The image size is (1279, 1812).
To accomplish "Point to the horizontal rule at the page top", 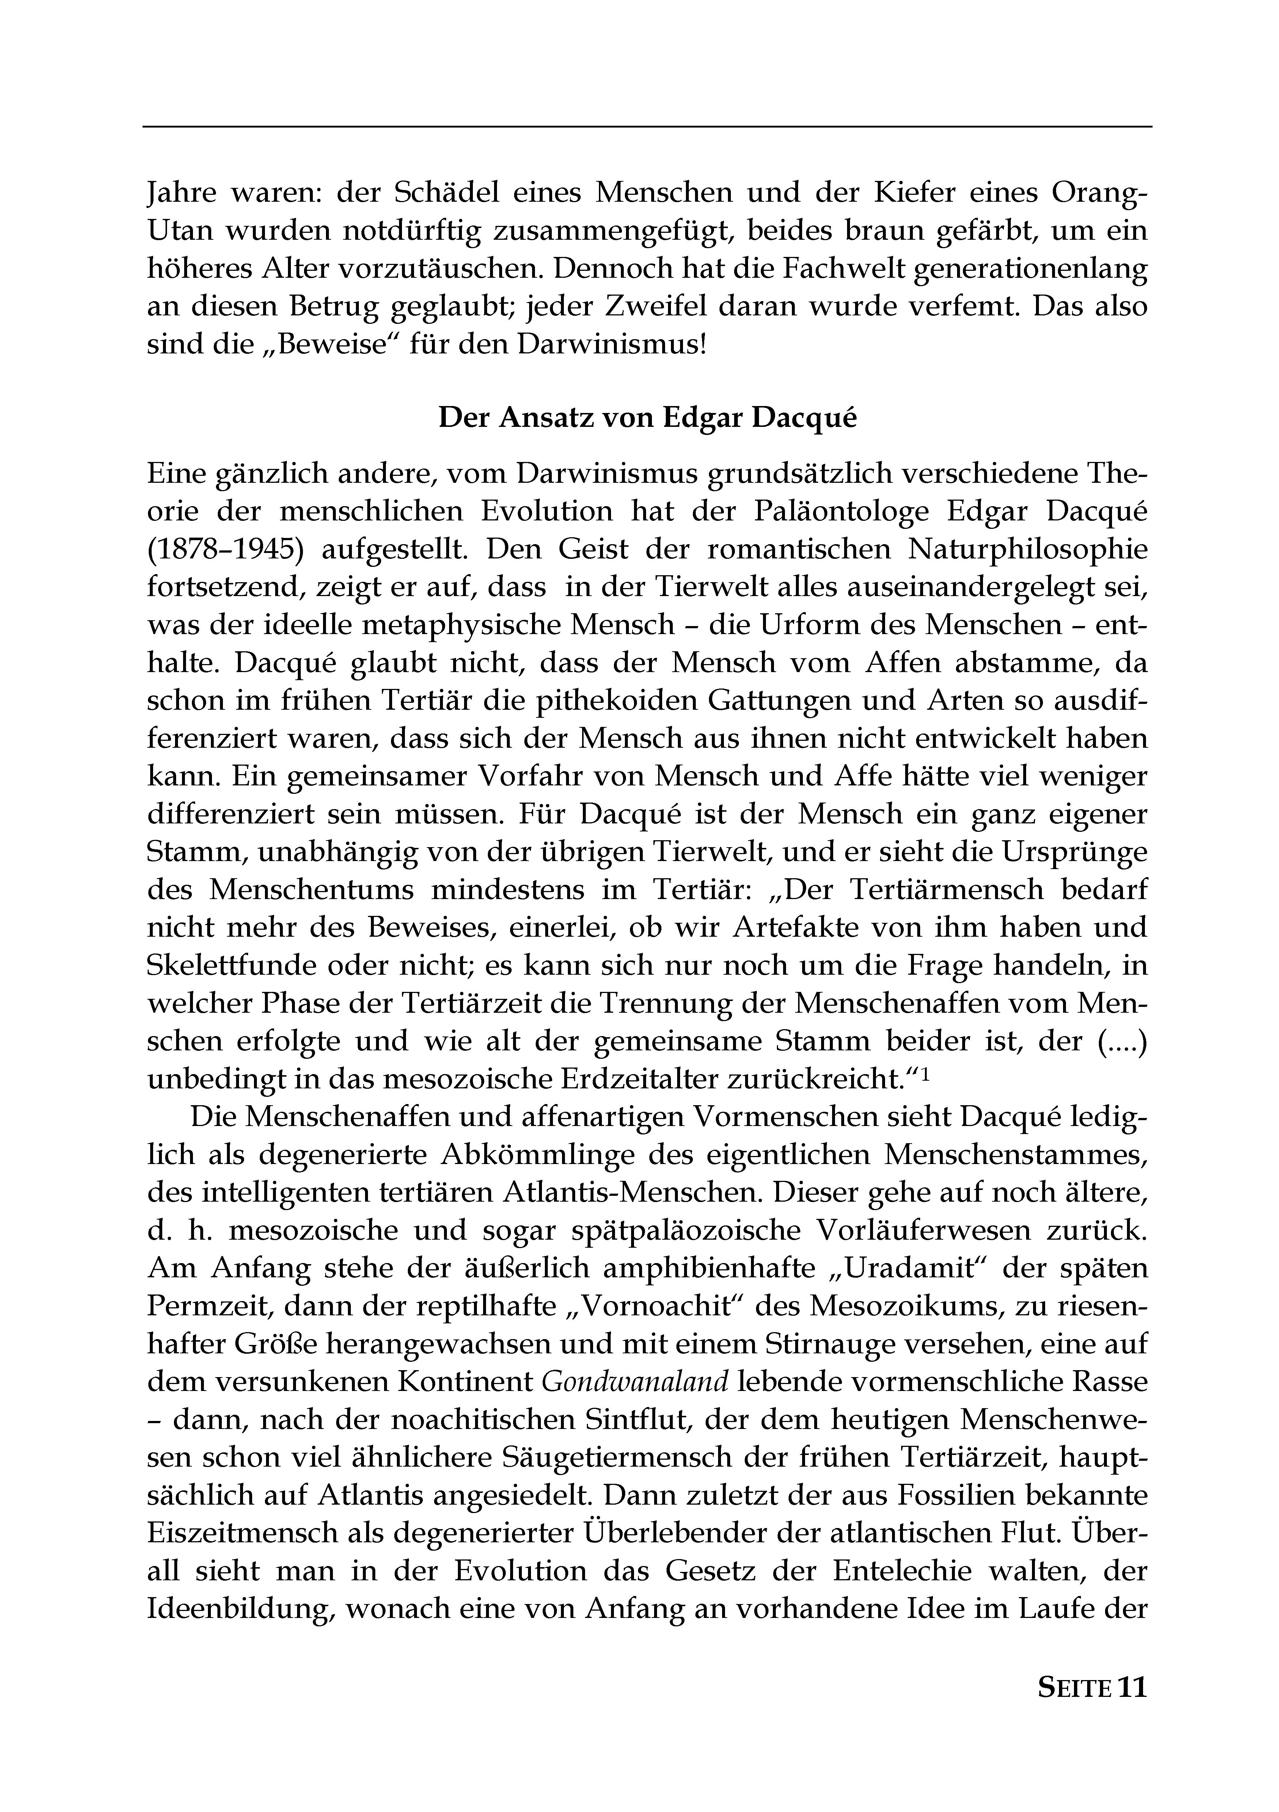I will click(647, 126).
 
